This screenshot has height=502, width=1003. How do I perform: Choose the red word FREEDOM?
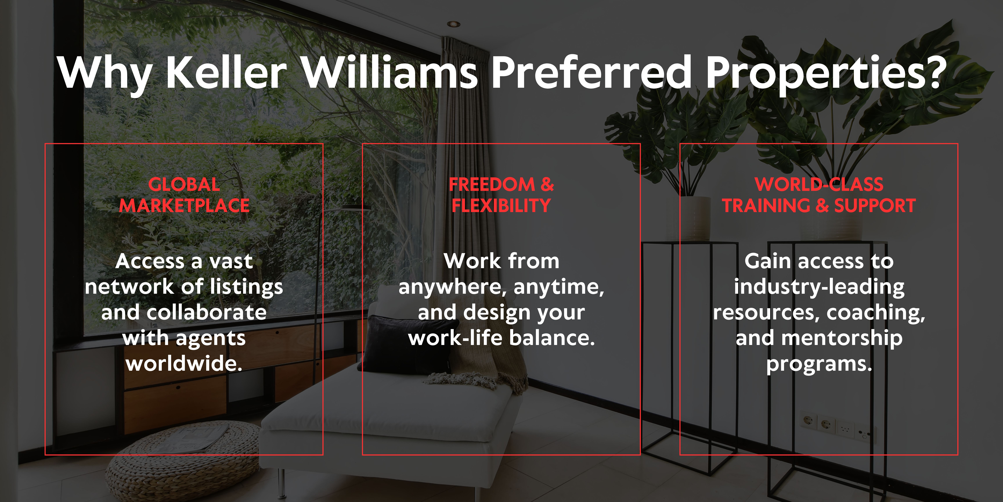(x=492, y=184)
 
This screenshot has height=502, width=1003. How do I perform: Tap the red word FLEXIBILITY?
(x=501, y=205)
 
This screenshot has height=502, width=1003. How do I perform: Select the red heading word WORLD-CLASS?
(x=819, y=184)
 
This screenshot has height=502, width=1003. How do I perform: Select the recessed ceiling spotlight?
(x=453, y=24)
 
